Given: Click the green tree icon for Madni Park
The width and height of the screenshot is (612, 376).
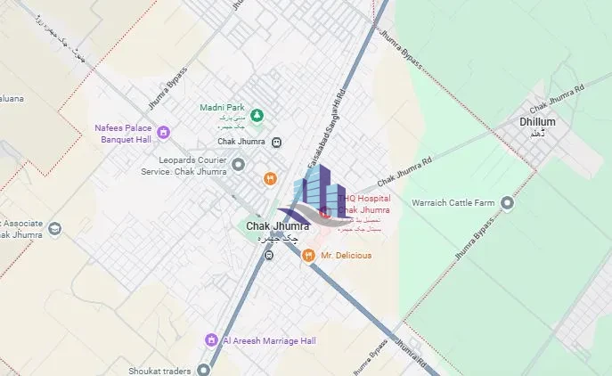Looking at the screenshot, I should pyautogui.click(x=257, y=114).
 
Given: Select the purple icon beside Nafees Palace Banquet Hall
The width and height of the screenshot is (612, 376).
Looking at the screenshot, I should pyautogui.click(x=164, y=133).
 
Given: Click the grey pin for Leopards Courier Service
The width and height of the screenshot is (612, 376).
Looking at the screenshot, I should pyautogui.click(x=238, y=164).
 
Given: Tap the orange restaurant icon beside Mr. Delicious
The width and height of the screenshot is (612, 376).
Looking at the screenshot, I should pyautogui.click(x=308, y=256).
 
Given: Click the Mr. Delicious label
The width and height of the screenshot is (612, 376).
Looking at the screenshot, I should pyautogui.click(x=347, y=256).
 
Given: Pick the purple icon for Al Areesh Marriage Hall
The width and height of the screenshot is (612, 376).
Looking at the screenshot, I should pyautogui.click(x=211, y=339).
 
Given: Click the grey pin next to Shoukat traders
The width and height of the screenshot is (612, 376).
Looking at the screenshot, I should pyautogui.click(x=204, y=370).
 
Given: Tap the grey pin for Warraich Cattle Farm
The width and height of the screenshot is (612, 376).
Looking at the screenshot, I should pyautogui.click(x=508, y=203).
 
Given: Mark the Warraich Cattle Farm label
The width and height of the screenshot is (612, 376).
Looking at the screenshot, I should pyautogui.click(x=453, y=203).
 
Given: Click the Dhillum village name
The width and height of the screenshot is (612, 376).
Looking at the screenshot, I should pyautogui.click(x=537, y=122).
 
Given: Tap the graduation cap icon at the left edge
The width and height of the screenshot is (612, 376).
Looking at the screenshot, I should pyautogui.click(x=55, y=229).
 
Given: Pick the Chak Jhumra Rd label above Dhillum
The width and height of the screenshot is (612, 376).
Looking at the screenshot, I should pyautogui.click(x=553, y=94).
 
